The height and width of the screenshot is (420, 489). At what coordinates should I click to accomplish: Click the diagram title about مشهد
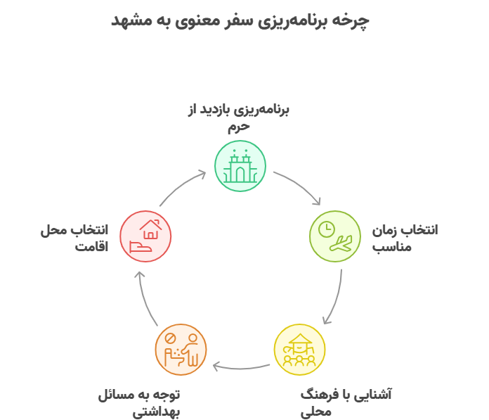click(x=240, y=20)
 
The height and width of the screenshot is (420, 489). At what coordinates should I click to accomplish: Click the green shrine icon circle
click(x=240, y=166)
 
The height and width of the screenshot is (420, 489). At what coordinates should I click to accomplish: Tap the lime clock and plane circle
click(x=335, y=236)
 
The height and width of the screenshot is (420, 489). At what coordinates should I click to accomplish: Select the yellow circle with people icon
click(x=299, y=349)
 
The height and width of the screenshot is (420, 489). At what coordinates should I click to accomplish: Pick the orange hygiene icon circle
click(x=181, y=349)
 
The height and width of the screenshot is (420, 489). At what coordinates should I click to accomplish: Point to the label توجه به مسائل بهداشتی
click(x=139, y=402)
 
